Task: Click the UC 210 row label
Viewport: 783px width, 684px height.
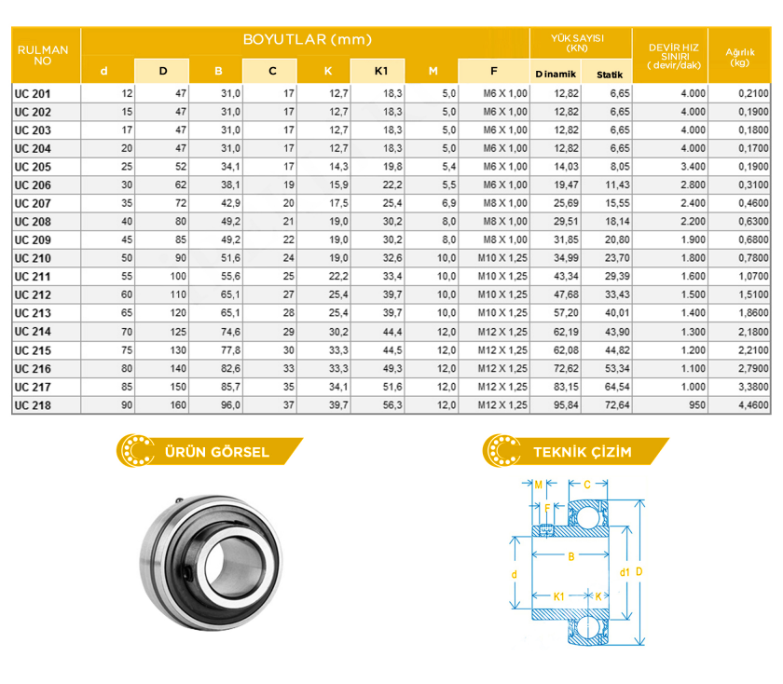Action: click(33, 258)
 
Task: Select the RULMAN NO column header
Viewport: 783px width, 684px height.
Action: click(45, 55)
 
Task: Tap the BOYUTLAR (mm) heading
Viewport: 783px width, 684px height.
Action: click(307, 39)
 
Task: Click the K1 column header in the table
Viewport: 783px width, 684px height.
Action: click(380, 71)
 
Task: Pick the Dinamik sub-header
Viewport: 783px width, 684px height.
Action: click(556, 73)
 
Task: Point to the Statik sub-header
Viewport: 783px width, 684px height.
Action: click(609, 73)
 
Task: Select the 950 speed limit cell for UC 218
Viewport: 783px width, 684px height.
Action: click(694, 405)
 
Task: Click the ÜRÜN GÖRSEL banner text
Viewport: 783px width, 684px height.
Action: click(216, 452)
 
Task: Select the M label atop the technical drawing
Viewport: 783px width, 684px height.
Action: click(539, 485)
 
